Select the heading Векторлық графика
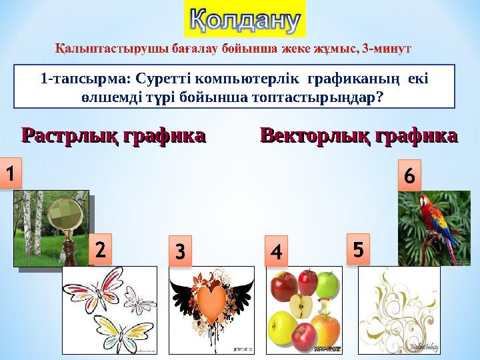coord(359,137)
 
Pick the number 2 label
coord(99,251)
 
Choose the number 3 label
coord(180,253)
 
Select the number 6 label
coord(409,176)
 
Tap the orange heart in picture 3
coord(211,303)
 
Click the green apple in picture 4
coord(327,285)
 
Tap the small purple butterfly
coord(139,300)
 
